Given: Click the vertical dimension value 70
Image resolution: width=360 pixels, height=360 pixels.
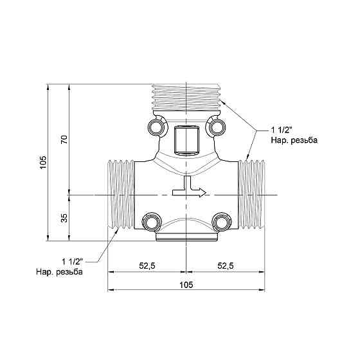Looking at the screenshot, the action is point(64,139).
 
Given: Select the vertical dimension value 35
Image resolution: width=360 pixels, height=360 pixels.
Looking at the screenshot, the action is point(64,218).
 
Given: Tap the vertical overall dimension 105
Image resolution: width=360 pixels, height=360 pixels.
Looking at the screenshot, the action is point(43,162).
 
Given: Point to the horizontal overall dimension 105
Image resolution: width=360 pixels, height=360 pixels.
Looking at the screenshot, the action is point(186,285).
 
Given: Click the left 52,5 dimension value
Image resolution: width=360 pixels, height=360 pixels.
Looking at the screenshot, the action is point(147,265).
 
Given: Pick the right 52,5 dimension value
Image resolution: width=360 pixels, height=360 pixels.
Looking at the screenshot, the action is point(226,265).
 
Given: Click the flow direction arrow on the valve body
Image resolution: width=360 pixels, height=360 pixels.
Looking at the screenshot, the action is point(189,186).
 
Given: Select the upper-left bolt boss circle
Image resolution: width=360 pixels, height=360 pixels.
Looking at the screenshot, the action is point(157,127).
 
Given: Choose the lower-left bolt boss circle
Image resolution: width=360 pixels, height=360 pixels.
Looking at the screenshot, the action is point(152,222).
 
